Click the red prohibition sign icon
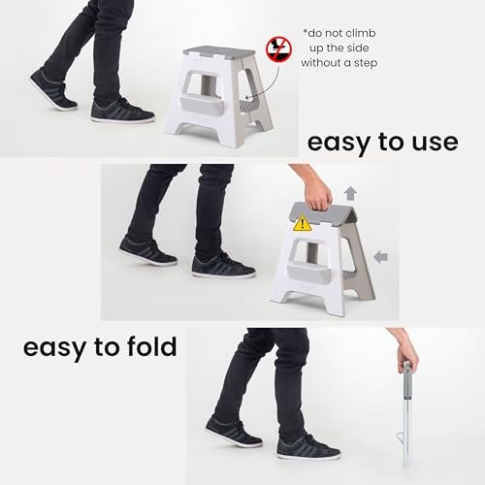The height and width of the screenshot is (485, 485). point(278,49)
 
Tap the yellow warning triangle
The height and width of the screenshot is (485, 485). point(302,223)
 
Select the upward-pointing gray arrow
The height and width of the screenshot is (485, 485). point(350,194)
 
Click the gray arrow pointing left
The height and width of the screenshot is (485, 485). point(380,257)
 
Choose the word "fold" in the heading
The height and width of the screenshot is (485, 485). point(152,346)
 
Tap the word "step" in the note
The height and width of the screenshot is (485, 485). point(366,63)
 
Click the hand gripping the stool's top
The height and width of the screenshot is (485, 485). point(318,192)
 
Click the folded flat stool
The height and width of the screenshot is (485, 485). point(406,415)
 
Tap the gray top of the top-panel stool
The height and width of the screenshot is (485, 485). point(219,51)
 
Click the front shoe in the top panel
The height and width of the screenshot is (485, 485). point(123,111)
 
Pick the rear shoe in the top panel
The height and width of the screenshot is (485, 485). point(53,89)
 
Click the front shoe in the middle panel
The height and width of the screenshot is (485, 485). point(224,265)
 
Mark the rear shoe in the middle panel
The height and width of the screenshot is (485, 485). point(148,251)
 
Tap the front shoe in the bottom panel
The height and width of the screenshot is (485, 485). point(308,447)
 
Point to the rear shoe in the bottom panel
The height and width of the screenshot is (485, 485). point(234,433)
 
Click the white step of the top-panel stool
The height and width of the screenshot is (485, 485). point(201,106)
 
